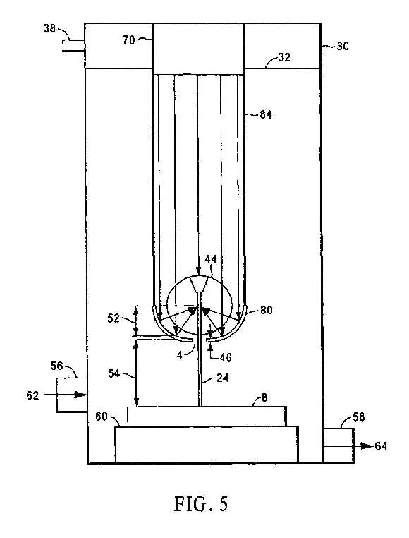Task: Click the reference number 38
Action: click(x=49, y=28)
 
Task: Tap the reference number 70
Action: click(x=129, y=40)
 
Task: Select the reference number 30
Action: click(x=342, y=46)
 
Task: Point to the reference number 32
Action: click(x=284, y=57)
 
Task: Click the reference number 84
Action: click(x=266, y=114)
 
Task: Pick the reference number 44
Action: click(x=210, y=259)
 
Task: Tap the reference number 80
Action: click(x=267, y=310)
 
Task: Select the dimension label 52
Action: click(x=114, y=318)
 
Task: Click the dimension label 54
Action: click(x=114, y=373)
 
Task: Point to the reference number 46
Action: click(x=225, y=357)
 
